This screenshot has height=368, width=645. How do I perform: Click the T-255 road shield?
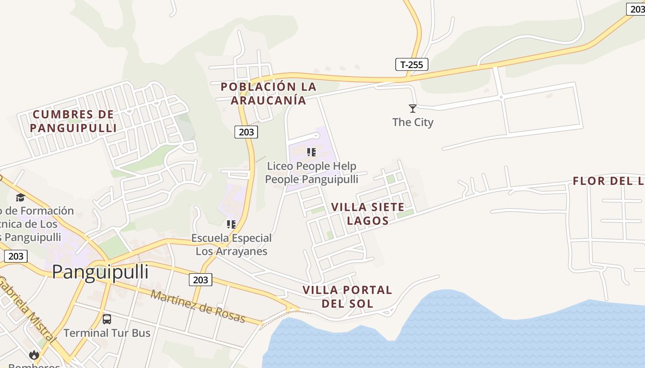(x=411, y=64)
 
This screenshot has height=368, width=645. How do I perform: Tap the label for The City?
(x=413, y=122)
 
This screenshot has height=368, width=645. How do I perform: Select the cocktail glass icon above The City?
(x=413, y=109)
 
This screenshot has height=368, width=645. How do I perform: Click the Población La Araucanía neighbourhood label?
(x=269, y=93)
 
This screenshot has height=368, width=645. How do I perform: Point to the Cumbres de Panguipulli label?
(x=73, y=121)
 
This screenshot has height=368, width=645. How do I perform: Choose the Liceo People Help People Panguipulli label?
(x=311, y=172)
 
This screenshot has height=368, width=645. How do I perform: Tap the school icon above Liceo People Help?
(x=311, y=152)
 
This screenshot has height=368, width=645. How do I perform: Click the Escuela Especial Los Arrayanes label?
(x=231, y=245)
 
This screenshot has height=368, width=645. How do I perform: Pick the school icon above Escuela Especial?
(x=231, y=224)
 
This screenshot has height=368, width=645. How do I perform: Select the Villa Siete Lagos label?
(x=368, y=214)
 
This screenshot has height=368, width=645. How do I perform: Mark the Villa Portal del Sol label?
(x=347, y=297)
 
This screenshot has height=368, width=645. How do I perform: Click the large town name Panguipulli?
(x=100, y=272)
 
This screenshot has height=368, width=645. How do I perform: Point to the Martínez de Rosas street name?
(x=198, y=307)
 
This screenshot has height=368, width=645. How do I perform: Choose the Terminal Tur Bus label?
(x=107, y=333)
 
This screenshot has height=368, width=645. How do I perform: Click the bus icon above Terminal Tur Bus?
(x=107, y=319)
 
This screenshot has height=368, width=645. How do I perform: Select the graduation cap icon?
(x=20, y=198)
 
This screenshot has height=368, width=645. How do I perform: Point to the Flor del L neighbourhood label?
(x=608, y=181)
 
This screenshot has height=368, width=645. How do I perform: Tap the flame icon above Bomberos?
(x=34, y=355)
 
